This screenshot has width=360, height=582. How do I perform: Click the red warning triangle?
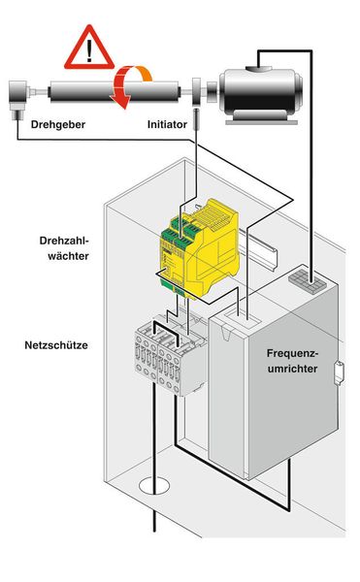pos(89,46)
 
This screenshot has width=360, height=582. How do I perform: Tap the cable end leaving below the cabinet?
pos(154,524)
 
